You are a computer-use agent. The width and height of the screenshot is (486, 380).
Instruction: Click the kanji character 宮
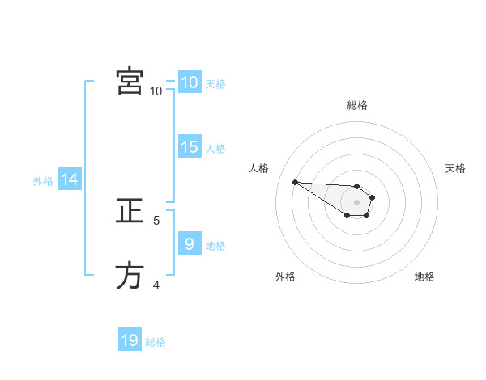pyautogui.click(x=130, y=82)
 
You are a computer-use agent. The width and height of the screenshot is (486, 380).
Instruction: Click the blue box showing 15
pyautogui.click(x=190, y=147)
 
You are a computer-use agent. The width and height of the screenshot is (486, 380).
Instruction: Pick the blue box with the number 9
pyautogui.click(x=190, y=243)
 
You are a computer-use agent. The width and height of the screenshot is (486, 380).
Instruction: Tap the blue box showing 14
pyautogui.click(x=70, y=179)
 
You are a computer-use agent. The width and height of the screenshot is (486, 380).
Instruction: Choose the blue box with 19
pyautogui.click(x=130, y=340)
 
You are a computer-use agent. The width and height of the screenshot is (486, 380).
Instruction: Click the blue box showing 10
pyautogui.click(x=190, y=82)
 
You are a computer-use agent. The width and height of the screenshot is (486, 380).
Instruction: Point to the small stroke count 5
pyautogui.click(x=156, y=219)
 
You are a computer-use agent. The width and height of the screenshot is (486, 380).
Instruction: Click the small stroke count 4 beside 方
pyautogui.click(x=156, y=284)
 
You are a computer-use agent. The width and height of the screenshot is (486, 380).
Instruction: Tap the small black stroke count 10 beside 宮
pyautogui.click(x=156, y=91)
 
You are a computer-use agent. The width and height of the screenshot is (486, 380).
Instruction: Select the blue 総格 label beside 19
pyautogui.click(x=156, y=342)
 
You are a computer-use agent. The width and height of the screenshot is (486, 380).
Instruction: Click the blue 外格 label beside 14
pyautogui.click(x=43, y=181)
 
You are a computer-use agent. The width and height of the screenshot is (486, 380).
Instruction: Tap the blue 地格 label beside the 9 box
pyautogui.click(x=215, y=245)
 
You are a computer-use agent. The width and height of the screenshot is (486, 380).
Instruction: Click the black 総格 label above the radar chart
pyautogui.click(x=357, y=105)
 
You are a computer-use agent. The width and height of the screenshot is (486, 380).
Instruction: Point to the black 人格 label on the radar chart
pyautogui.click(x=259, y=168)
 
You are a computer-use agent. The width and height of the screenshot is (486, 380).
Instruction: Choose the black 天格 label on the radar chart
pyautogui.click(x=455, y=168)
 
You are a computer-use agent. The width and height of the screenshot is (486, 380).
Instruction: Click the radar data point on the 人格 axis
pyautogui.click(x=295, y=182)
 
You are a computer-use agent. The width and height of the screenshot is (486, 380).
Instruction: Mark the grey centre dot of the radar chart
pyautogui.click(x=357, y=202)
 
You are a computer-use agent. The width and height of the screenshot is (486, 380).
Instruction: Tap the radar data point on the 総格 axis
pyautogui.click(x=357, y=185)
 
